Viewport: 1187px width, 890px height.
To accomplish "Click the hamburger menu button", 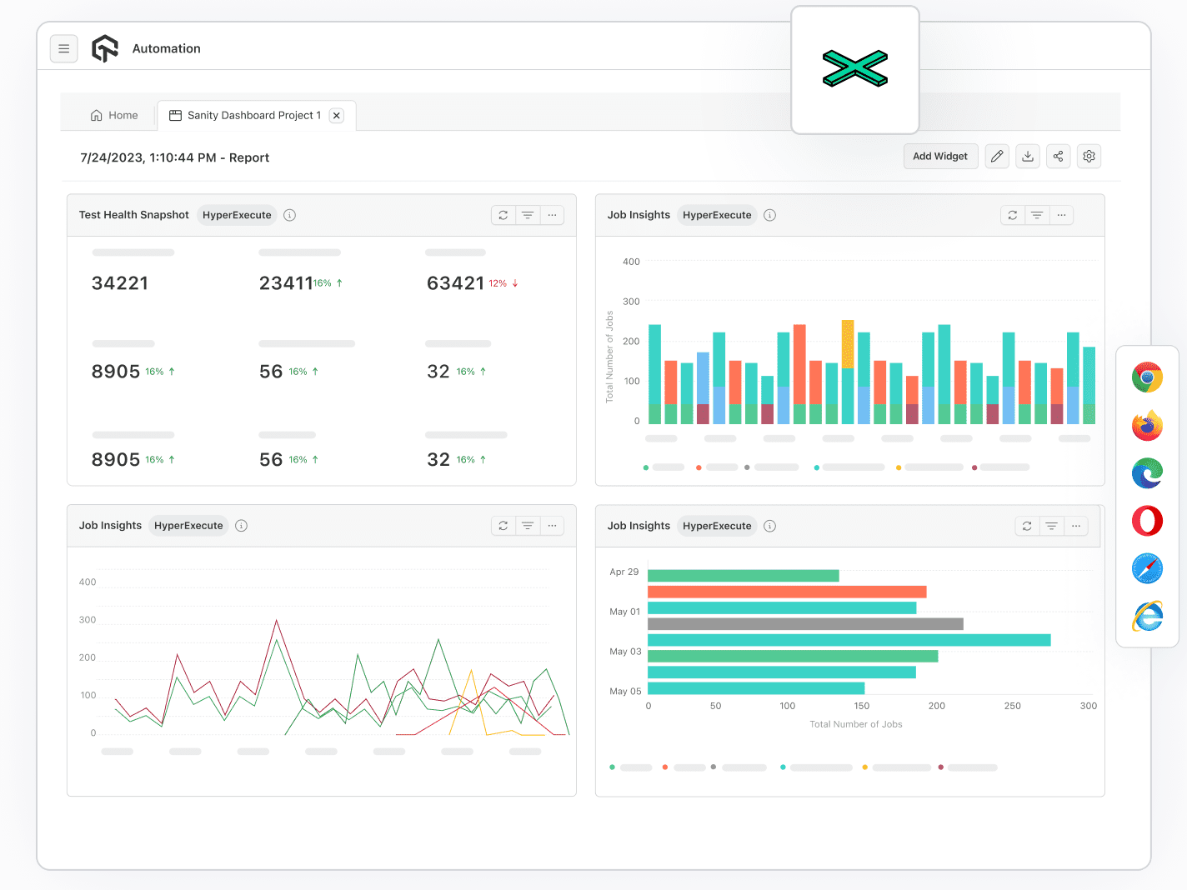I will coord(64,49).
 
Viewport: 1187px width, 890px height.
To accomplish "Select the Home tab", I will coord(114,116).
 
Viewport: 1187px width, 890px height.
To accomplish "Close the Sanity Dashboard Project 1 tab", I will coord(337,116).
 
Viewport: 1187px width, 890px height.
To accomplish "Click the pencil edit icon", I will coord(997,157).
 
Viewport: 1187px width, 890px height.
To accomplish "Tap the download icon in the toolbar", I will coord(1028,157).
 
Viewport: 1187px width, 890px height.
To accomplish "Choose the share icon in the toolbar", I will coord(1058,157).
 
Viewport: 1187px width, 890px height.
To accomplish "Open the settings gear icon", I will coord(1089,157).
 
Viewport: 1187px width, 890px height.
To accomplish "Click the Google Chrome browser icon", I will coord(1147,377).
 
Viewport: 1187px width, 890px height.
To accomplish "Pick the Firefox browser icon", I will coord(1147,426).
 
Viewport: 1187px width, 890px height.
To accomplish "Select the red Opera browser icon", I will coord(1147,522).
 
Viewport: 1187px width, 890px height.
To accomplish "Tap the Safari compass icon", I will coord(1147,569).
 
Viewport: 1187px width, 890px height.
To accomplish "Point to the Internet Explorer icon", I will coord(1147,617).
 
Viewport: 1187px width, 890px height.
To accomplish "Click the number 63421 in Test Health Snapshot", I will coord(455,283).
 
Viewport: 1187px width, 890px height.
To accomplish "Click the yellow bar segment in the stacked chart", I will coord(848,343).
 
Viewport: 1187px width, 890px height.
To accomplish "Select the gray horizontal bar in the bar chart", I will coord(805,624).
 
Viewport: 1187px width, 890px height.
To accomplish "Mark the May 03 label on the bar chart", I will coord(625,652).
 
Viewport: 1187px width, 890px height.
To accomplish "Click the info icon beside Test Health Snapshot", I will coord(290,215).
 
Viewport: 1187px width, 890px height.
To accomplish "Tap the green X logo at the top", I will coord(855,69).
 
